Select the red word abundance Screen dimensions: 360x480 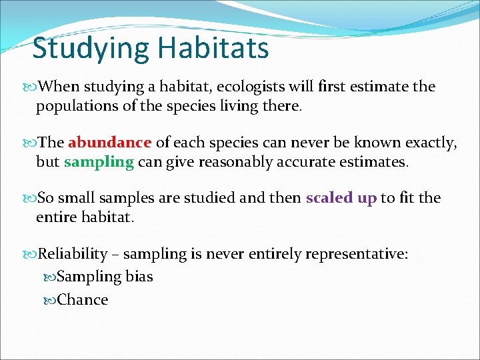[109, 142]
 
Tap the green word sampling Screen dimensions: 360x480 [99, 163]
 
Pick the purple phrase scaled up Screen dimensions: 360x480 [341, 198]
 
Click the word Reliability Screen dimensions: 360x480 [73, 254]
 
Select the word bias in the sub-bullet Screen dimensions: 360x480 [139, 277]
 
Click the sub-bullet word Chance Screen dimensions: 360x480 [83, 300]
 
